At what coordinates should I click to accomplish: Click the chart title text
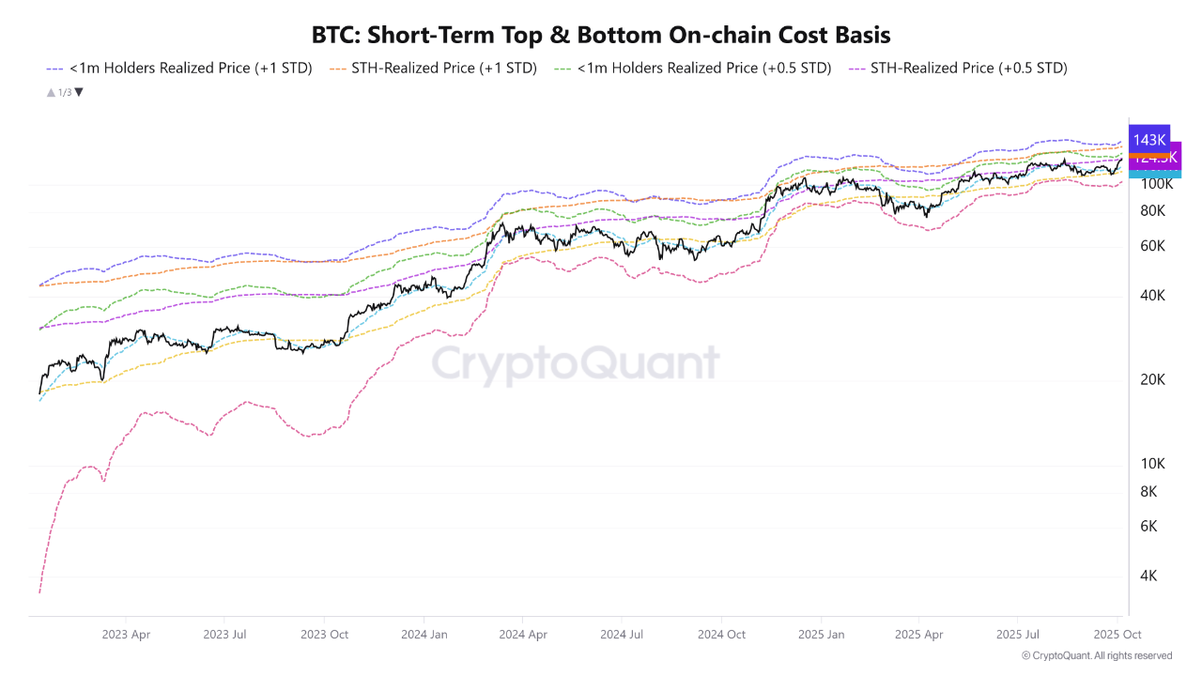(601, 35)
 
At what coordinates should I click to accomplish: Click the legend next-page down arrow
(79, 92)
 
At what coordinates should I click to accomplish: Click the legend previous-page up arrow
(50, 92)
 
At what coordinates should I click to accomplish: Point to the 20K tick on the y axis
(1152, 379)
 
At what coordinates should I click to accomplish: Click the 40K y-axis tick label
(1152, 295)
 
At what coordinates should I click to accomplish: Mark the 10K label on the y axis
(1152, 464)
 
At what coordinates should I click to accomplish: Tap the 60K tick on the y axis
(1152, 246)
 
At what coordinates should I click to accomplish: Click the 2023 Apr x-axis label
(126, 635)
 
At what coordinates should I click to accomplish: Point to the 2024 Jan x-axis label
(424, 635)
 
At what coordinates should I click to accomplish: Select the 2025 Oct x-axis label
(1117, 635)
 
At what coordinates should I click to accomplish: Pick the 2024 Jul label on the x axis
(622, 635)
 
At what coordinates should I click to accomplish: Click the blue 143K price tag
(1149, 140)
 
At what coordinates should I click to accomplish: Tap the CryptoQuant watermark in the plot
(575, 362)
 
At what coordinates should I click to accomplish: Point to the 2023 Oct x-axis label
(324, 635)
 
